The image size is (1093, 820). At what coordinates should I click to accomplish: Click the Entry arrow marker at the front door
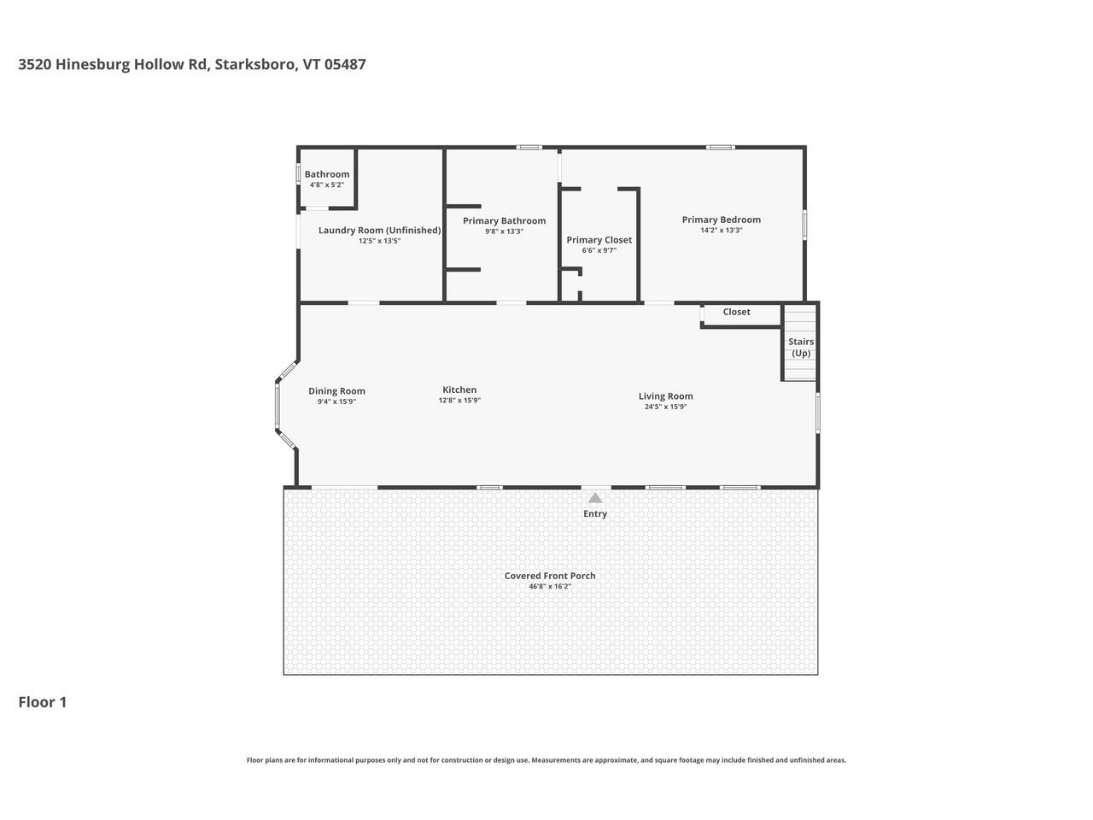coord(595,498)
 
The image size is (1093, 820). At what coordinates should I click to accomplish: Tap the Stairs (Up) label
coord(800,347)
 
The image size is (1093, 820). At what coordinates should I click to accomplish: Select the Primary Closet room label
coord(599,240)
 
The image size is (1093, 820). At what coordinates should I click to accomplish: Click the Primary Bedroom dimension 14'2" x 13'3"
coord(722,231)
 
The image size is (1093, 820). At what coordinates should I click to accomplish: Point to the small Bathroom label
coord(327,174)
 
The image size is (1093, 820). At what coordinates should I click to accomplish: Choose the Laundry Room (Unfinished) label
coord(379,230)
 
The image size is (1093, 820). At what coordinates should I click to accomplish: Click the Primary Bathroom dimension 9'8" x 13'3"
coord(504,231)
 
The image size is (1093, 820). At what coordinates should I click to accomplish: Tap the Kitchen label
coord(459,389)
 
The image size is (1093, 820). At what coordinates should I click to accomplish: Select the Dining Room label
coord(336,391)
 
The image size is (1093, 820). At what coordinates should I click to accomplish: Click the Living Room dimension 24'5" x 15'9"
coord(665,407)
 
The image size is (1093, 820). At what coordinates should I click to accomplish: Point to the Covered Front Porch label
coord(550,576)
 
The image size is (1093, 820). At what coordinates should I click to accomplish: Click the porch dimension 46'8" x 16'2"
coord(550,587)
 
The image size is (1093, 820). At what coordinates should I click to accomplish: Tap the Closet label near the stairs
coord(736,312)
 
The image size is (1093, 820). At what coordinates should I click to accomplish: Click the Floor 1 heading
coord(43,702)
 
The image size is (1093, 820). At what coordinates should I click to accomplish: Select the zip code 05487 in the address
coord(345,64)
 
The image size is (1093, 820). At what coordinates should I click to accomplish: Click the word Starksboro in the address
coord(254,64)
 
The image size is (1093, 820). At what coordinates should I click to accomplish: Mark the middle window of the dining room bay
coord(277,404)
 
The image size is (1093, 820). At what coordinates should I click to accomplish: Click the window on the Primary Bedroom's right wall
coord(804,224)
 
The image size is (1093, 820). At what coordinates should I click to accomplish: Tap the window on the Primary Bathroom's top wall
coord(529,147)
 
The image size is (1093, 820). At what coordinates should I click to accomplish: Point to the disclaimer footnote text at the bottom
coord(546,760)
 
